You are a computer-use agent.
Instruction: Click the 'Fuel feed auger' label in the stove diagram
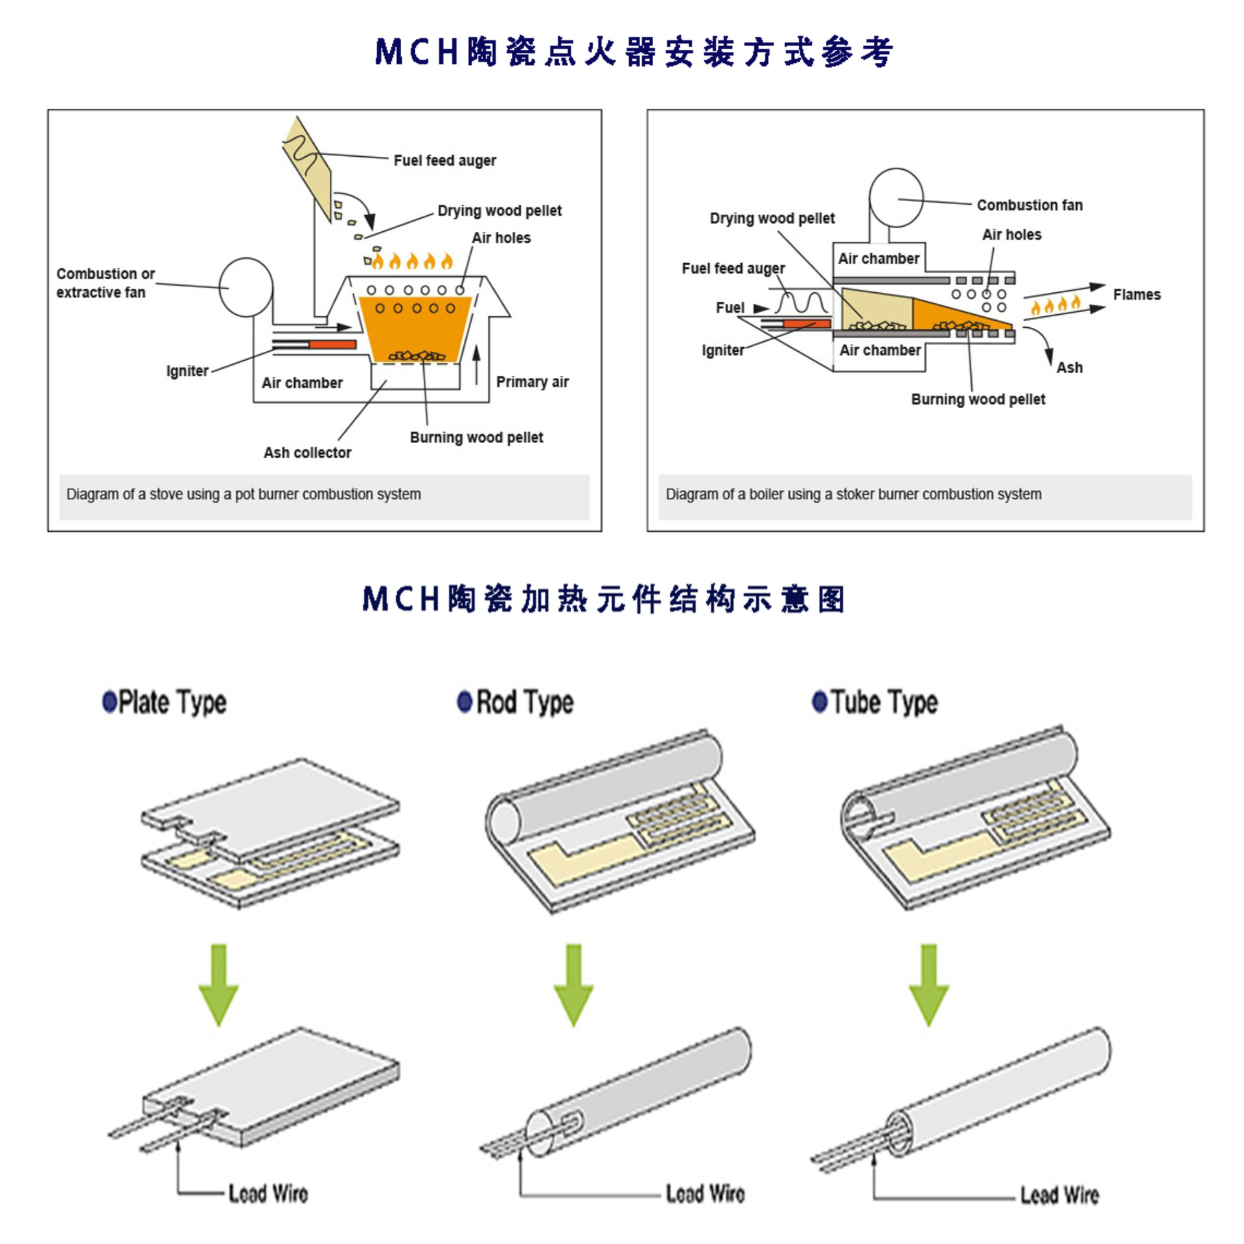point(444,161)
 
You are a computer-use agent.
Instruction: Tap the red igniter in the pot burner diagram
point(332,344)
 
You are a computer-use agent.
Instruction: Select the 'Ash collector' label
point(307,453)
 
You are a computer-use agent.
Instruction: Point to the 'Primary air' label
point(532,382)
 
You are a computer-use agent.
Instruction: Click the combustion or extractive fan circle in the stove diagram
point(246,287)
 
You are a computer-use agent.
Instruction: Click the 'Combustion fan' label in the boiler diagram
point(1030,205)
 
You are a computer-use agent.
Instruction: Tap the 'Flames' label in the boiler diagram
point(1136,295)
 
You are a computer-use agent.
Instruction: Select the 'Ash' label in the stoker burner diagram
point(1069,368)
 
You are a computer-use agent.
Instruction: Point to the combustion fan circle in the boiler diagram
point(895,198)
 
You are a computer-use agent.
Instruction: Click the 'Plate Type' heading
point(172,702)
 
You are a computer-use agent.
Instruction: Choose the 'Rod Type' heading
point(525,702)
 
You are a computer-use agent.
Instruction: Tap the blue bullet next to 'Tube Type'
point(820,702)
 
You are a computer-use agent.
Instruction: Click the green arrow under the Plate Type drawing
point(218,985)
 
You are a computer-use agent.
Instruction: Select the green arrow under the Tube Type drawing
point(928,985)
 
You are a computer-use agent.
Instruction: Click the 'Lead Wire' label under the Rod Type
point(705,1193)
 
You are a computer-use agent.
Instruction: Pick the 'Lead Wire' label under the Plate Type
point(268,1193)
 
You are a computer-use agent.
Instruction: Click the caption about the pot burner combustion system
point(244,494)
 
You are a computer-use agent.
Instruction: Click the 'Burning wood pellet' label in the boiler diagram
point(978,400)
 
